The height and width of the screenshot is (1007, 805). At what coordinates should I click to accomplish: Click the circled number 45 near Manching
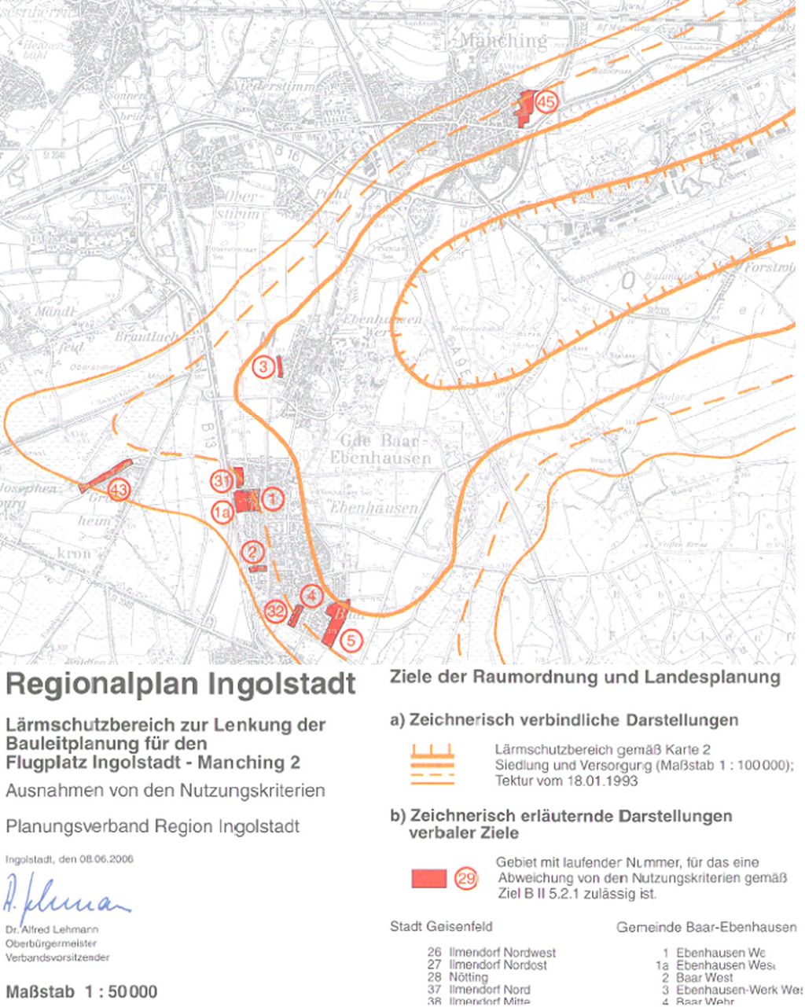[x=546, y=101]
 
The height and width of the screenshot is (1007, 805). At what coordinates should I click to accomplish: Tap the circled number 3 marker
[x=264, y=366]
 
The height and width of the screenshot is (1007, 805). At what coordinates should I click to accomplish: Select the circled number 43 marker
[x=119, y=491]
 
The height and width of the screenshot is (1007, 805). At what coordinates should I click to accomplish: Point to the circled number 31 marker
[x=221, y=480]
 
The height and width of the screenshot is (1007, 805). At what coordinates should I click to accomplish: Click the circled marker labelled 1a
[x=222, y=513]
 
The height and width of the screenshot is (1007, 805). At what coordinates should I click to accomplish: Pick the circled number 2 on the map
[x=252, y=552]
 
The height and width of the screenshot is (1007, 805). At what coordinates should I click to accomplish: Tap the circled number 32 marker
[x=275, y=612]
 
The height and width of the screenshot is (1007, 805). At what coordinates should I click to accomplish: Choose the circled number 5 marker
[x=351, y=640]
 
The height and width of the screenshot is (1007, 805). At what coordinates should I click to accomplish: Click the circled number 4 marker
[x=312, y=596]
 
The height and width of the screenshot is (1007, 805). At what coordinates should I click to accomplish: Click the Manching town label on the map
[x=503, y=41]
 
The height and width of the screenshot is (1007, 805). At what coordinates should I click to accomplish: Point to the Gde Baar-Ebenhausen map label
[x=386, y=448]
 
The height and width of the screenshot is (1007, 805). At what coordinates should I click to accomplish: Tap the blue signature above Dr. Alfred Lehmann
[x=67, y=896]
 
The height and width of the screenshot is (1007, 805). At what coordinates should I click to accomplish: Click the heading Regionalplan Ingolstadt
[x=180, y=684]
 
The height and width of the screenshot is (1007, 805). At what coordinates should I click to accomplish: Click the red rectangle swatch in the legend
[x=429, y=878]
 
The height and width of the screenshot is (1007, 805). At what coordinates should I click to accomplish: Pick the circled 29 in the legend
[x=466, y=879]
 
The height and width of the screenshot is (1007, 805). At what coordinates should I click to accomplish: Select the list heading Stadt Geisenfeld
[x=441, y=927]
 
